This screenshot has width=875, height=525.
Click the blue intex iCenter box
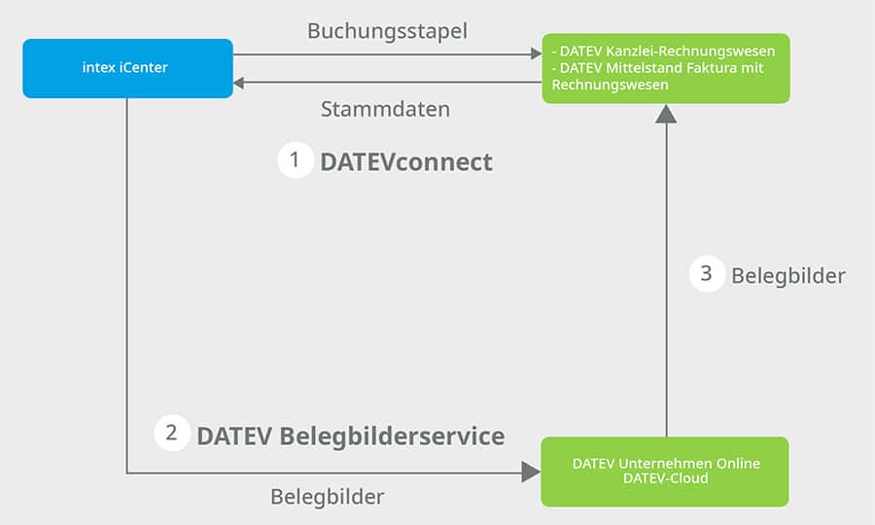[127, 68]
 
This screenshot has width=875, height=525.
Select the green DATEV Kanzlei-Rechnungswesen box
[665, 68]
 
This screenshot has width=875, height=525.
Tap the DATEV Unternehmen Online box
[665, 472]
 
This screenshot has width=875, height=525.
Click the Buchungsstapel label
[387, 31]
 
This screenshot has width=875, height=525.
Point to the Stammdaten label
[385, 109]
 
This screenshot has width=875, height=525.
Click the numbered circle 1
[296, 160]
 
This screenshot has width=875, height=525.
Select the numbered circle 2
[172, 434]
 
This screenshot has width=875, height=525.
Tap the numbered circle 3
[707, 274]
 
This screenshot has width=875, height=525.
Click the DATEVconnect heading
[406, 162]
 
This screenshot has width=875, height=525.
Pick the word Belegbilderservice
[392, 436]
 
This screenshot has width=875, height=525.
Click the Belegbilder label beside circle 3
[787, 276]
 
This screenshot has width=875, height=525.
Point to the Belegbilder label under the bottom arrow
[327, 497]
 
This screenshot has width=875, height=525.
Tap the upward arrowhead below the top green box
[665, 113]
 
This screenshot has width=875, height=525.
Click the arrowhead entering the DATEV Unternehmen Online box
[531, 472]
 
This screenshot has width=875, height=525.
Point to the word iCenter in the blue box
[146, 68]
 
